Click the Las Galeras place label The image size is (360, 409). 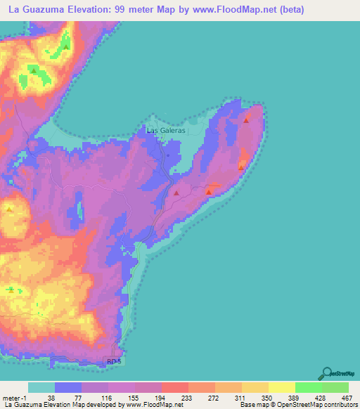click(166, 130)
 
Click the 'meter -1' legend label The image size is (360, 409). click(13, 398)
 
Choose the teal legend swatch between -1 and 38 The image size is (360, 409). click(41, 387)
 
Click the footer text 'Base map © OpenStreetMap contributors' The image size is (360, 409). click(298, 405)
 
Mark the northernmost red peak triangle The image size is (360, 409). click(246, 120)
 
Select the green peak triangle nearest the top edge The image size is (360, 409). click(65, 46)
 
